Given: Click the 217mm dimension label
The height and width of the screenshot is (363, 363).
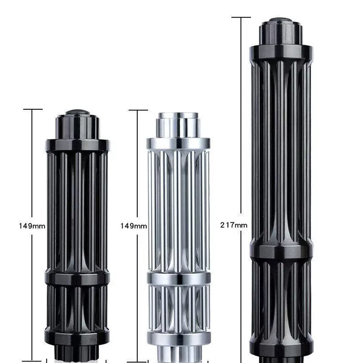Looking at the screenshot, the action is coord(233,225).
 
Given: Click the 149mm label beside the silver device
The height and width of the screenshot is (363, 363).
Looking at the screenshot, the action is coord(134,226).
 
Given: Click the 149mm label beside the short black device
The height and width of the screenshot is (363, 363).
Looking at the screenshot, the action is coord(32,226).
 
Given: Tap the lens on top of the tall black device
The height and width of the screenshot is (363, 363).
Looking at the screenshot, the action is coord(281,20).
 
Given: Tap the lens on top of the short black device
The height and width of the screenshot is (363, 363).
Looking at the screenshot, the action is coord(78,112).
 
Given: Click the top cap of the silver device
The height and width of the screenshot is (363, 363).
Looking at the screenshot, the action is coord(178,125).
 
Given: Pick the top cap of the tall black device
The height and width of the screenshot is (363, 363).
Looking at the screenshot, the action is coord(281,33).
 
